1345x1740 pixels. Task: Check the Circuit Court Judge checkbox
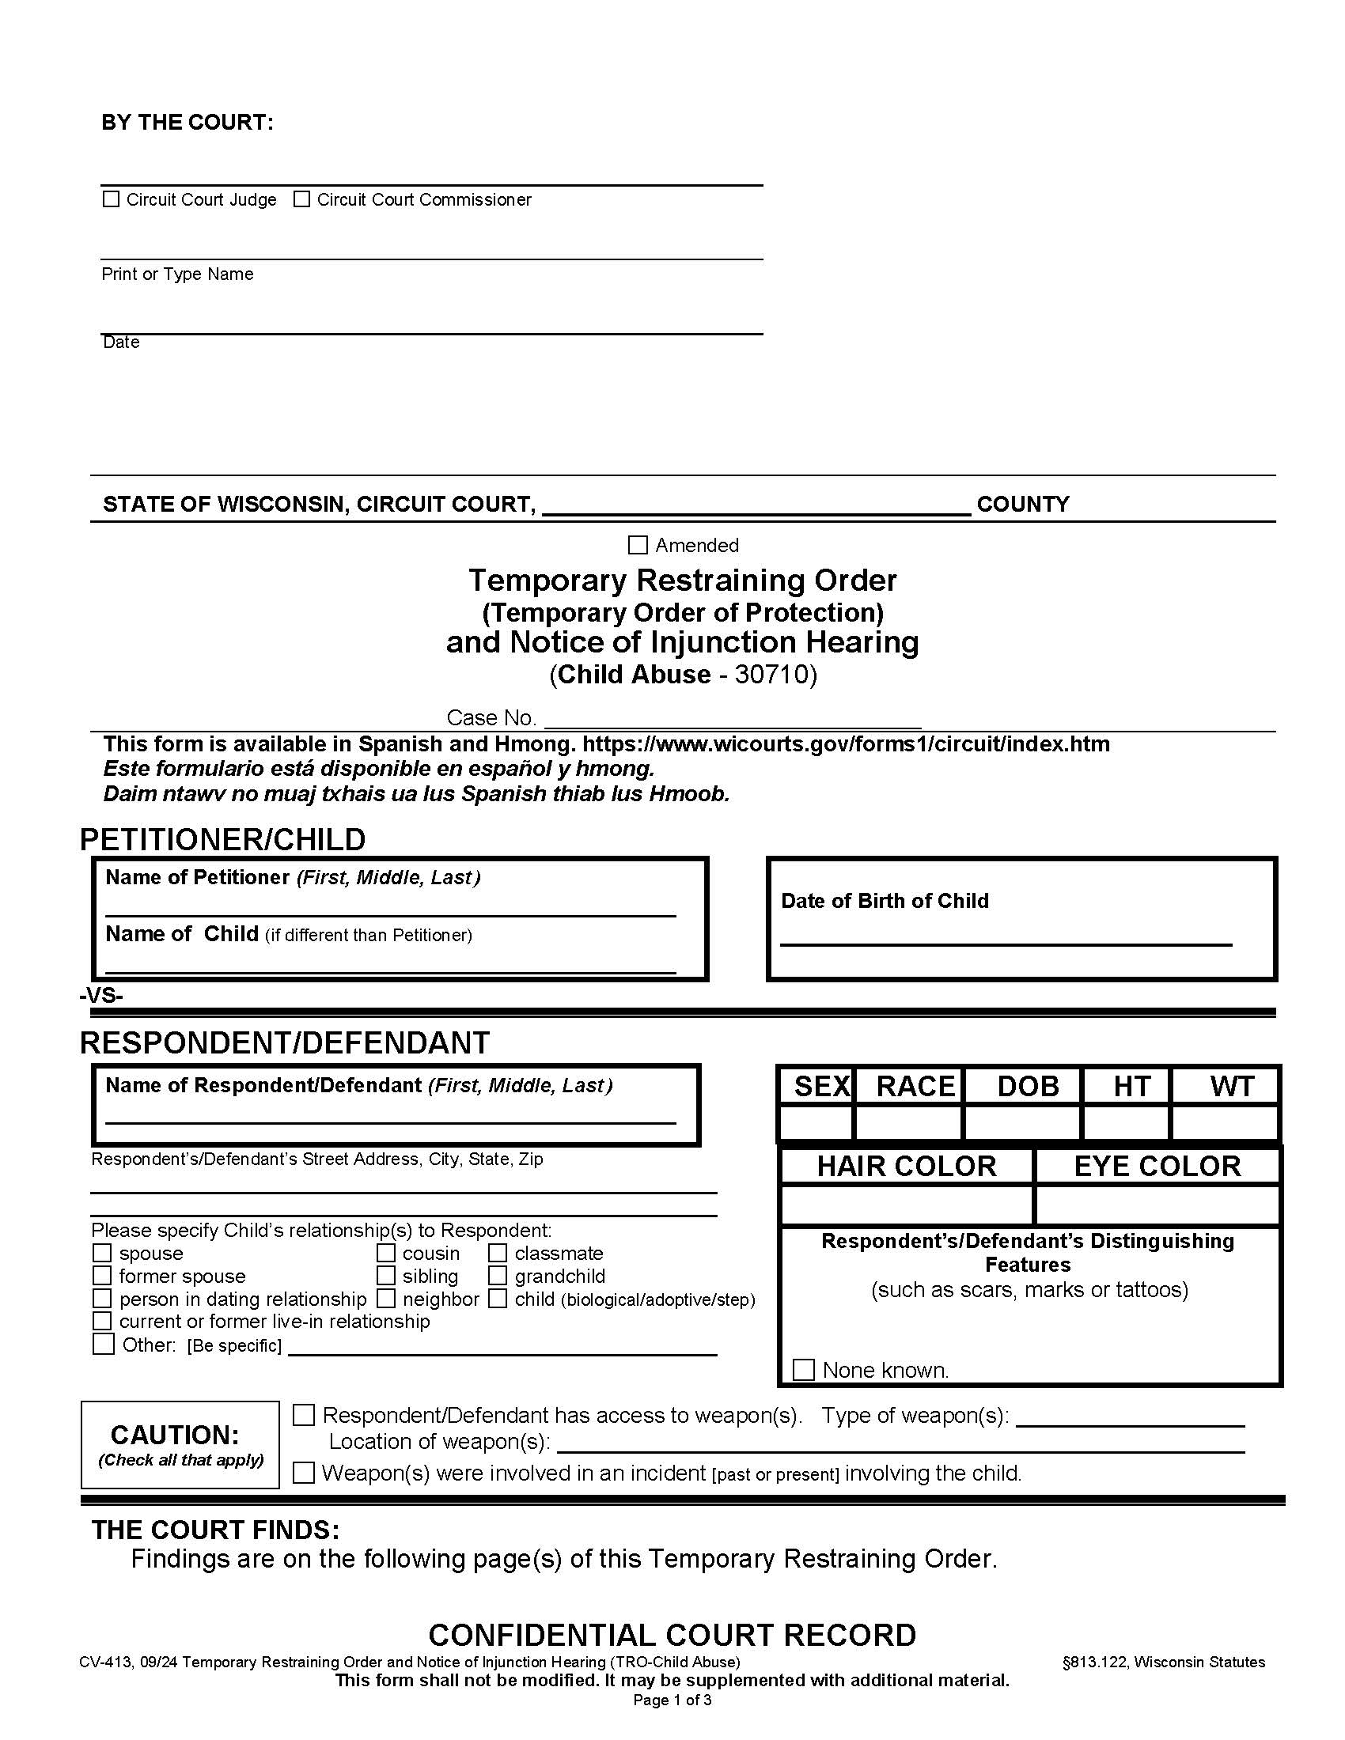(x=111, y=199)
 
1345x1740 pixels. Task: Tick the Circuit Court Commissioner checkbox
(x=301, y=199)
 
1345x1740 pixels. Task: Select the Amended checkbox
(x=638, y=545)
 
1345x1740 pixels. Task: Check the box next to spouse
(x=102, y=1254)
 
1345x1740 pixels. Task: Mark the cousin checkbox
(x=385, y=1254)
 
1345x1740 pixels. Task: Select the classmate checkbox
(x=498, y=1254)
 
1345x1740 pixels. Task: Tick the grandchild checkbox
(x=498, y=1276)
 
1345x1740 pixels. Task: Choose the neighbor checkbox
(x=385, y=1299)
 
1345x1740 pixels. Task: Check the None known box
(x=803, y=1370)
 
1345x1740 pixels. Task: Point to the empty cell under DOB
(x=1021, y=1122)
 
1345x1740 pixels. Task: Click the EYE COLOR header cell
(x=1157, y=1167)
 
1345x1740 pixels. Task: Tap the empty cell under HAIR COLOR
(x=907, y=1204)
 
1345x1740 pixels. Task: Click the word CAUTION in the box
(x=175, y=1435)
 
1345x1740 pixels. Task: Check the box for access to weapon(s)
(x=304, y=1415)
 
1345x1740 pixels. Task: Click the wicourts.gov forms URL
(x=846, y=744)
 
